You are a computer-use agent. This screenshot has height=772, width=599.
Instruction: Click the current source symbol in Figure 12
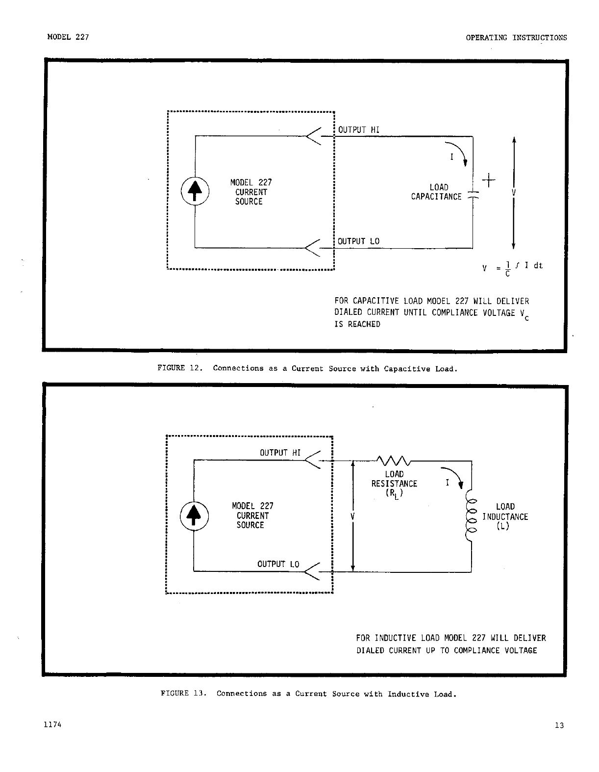point(195,191)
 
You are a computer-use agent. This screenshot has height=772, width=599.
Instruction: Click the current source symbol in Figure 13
point(194,516)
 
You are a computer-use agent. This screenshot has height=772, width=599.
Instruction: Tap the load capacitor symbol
point(473,194)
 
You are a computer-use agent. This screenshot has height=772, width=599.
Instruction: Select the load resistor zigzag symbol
point(394,461)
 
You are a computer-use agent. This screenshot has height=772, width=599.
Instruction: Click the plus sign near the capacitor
point(489,180)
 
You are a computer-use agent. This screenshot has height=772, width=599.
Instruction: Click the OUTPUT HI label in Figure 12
point(359,129)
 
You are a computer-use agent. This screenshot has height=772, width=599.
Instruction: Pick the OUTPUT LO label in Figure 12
point(358,241)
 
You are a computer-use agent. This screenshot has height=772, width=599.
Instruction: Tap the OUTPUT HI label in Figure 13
point(280,453)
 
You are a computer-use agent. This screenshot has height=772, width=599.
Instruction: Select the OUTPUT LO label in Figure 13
point(278,564)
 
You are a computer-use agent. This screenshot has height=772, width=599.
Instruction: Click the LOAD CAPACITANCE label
point(437,192)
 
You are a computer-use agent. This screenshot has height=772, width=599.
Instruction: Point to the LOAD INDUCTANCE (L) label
point(505,516)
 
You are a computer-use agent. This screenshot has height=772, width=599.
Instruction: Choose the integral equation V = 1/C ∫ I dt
point(512,268)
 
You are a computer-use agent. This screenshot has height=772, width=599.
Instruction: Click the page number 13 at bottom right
point(559,725)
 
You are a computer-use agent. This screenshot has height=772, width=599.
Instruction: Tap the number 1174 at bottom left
point(52,725)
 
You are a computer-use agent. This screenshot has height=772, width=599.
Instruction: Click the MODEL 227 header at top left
point(68,37)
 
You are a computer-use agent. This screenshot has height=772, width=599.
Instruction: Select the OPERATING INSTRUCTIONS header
point(516,37)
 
